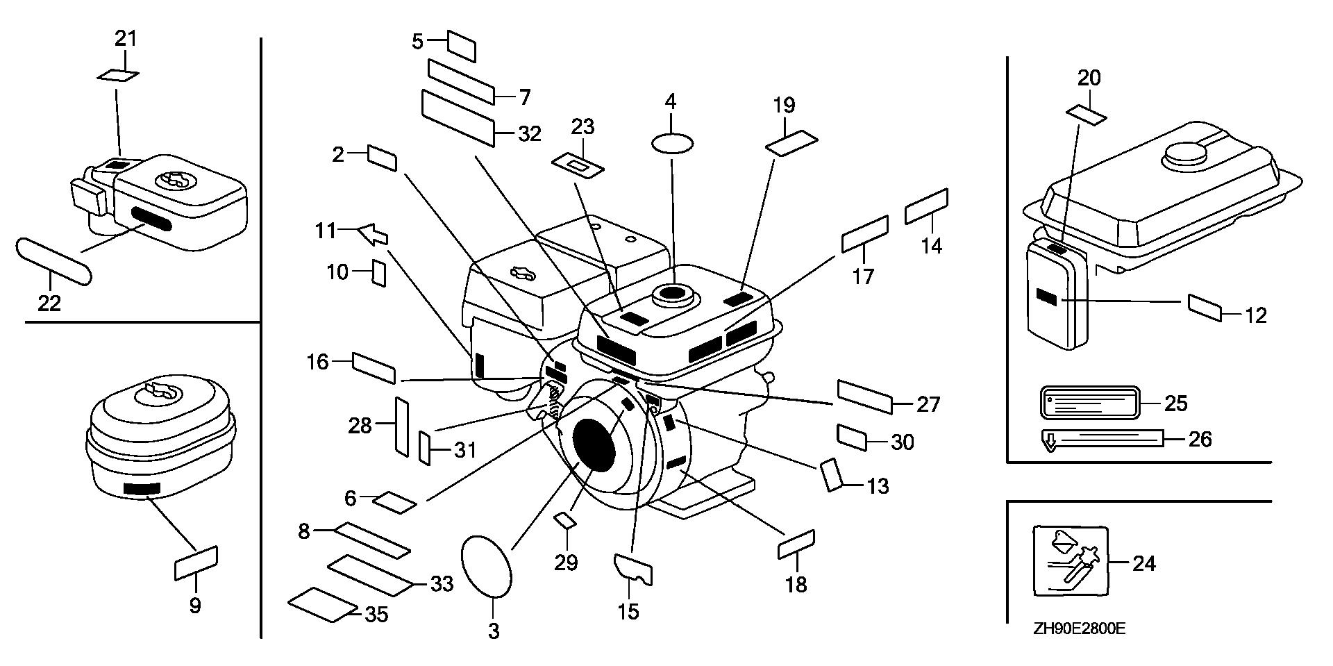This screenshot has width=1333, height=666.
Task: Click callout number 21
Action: tap(126, 39)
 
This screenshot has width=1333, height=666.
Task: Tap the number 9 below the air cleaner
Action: tap(195, 606)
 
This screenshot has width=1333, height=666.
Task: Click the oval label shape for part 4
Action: tap(671, 144)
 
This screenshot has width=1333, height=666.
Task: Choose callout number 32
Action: tap(530, 133)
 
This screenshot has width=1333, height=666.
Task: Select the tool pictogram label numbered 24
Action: tap(1070, 560)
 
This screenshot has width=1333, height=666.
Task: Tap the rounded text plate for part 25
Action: tap(1090, 403)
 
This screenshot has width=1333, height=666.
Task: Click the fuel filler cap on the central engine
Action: tap(671, 296)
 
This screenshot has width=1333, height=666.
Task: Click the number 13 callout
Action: tap(878, 486)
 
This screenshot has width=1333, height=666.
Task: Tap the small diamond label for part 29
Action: tap(565, 521)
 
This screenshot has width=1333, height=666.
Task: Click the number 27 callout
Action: tap(928, 404)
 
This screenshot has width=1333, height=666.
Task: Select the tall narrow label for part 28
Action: tap(401, 426)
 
